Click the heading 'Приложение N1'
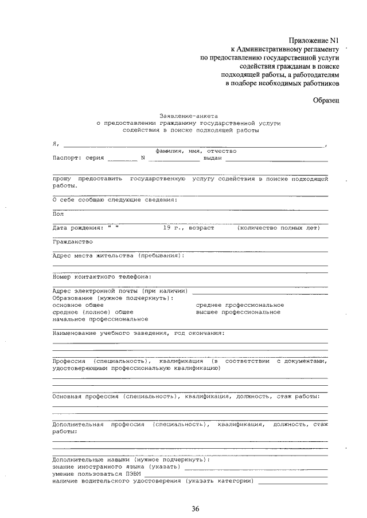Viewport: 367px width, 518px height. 315,40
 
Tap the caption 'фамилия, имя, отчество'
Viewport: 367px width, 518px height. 192,151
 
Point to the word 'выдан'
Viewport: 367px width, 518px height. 212,157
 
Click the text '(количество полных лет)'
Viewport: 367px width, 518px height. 278,227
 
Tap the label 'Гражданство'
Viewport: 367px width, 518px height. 72,241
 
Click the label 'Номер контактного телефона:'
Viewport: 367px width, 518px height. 101,276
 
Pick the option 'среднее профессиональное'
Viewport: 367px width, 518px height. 240,305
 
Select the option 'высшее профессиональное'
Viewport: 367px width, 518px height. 238,312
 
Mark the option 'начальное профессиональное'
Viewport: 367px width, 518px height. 100,319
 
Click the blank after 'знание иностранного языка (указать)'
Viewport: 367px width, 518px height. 256,468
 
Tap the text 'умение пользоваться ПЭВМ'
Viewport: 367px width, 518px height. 95,473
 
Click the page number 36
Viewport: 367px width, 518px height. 196,509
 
